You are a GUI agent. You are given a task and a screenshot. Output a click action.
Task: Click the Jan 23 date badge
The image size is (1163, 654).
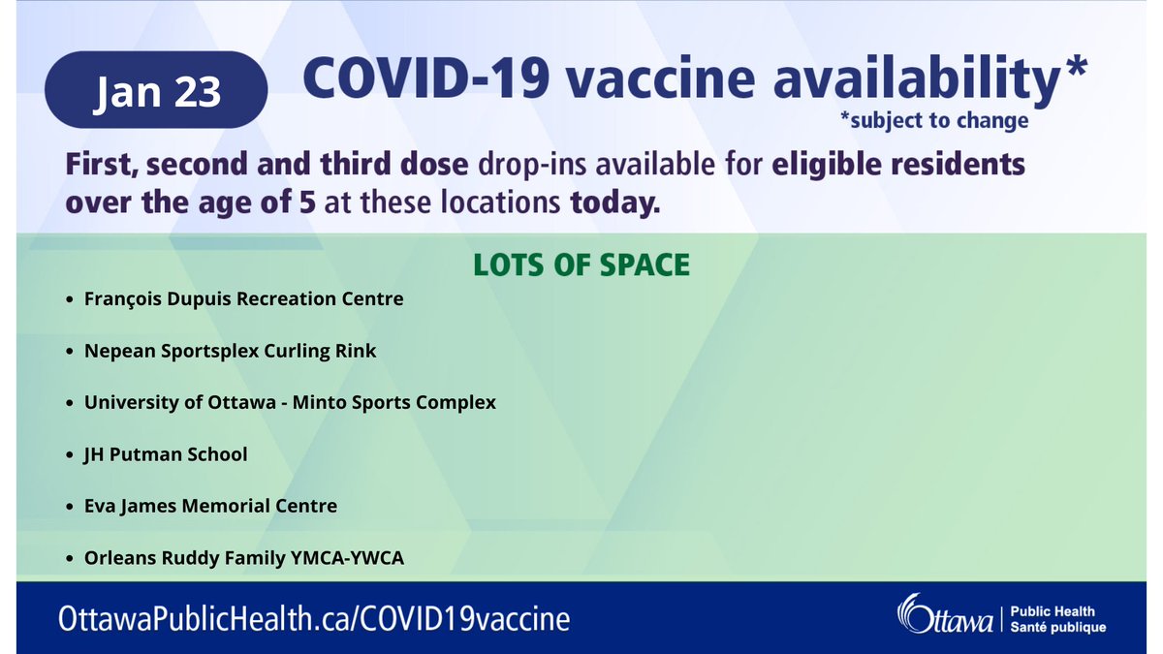(x=157, y=90)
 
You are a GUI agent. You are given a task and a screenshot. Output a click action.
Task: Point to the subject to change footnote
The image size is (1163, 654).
(x=934, y=123)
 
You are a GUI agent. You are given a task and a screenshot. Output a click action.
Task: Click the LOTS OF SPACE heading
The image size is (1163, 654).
(x=581, y=265)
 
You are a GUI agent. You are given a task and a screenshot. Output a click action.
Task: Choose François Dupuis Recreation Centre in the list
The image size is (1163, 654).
(x=243, y=298)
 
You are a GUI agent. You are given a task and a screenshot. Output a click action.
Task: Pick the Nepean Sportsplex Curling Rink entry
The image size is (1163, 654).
(x=230, y=351)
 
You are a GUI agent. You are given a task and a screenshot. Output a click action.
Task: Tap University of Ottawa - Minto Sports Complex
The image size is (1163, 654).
(x=290, y=402)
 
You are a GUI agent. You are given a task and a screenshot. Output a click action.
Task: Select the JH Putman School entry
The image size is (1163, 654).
(x=166, y=453)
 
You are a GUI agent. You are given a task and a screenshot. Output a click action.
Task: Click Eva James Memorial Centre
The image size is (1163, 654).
(x=210, y=506)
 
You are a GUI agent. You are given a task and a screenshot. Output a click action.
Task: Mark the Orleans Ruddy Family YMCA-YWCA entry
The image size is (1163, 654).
(x=243, y=558)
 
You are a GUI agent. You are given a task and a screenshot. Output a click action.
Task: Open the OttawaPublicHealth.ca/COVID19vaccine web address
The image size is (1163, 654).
(x=314, y=618)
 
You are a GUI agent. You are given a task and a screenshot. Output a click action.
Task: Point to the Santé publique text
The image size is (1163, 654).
(x=1057, y=628)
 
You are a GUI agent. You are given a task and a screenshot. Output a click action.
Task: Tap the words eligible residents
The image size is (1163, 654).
(x=898, y=165)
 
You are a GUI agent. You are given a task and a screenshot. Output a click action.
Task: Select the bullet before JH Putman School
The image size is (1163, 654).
(x=69, y=454)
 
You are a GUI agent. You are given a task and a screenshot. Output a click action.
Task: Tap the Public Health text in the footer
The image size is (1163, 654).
(x=1053, y=611)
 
